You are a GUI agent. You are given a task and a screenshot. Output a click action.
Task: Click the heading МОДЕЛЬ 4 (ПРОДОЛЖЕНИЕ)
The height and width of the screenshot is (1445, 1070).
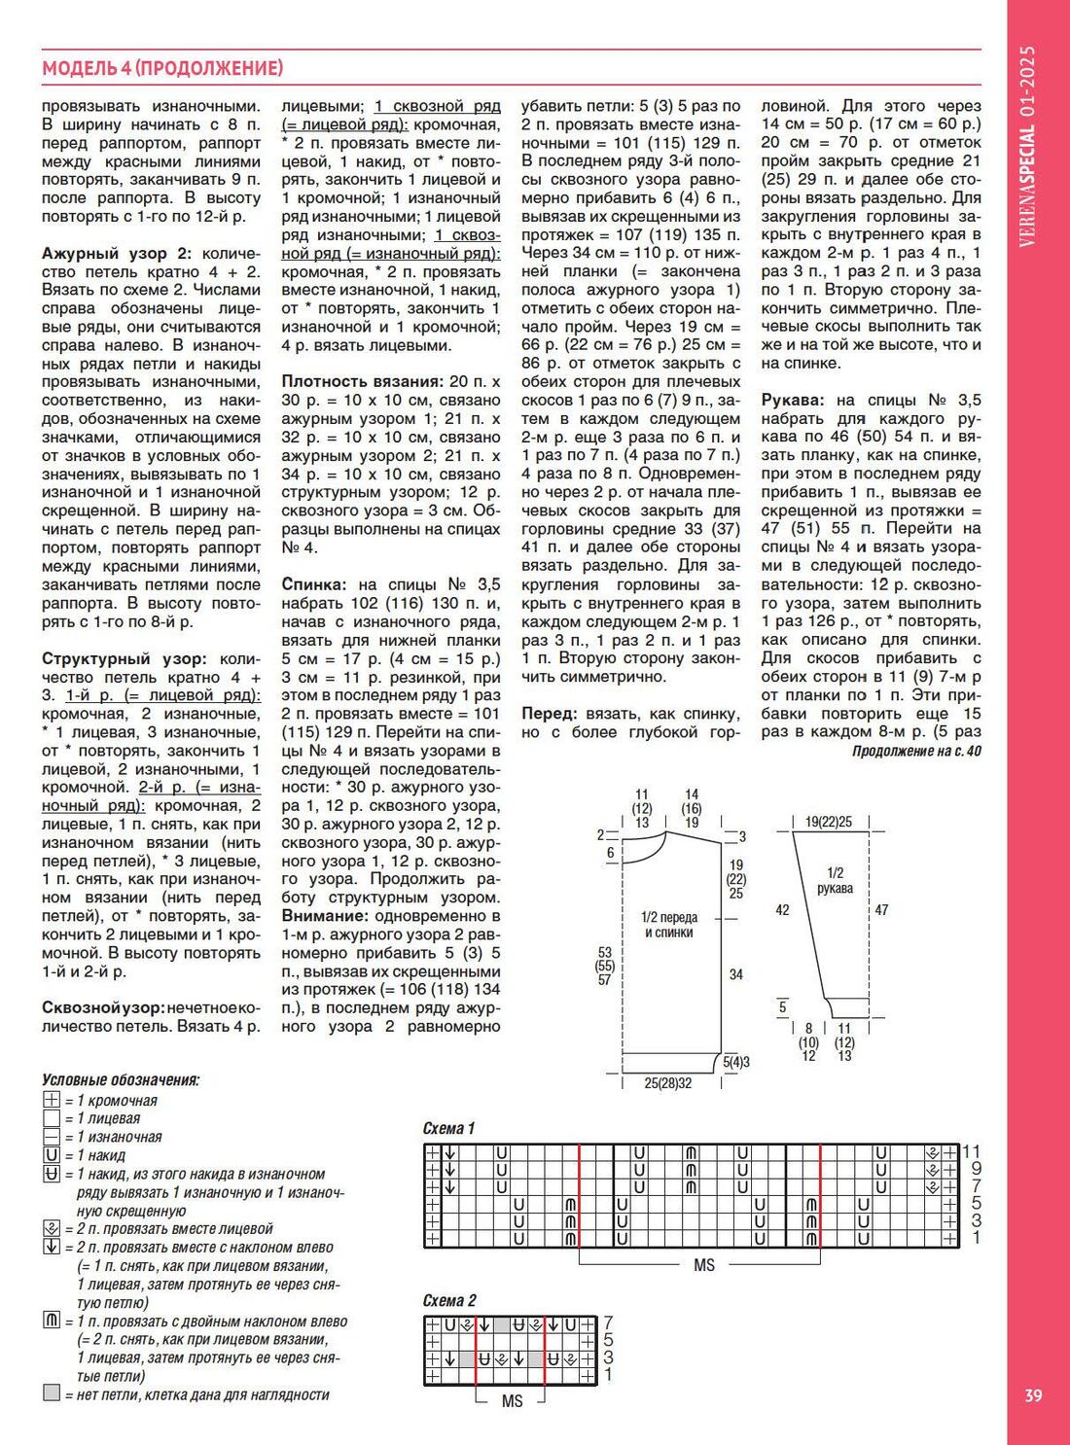coord(162,68)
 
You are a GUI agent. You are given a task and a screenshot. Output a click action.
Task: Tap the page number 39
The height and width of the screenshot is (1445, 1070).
coord(1033,1395)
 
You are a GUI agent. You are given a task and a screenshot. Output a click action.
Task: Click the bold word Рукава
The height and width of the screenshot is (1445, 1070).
coord(793,400)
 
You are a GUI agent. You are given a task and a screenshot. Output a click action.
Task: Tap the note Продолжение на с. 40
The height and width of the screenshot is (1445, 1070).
coord(916,752)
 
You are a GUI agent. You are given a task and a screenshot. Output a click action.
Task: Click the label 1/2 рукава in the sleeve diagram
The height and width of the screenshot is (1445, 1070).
coord(835,880)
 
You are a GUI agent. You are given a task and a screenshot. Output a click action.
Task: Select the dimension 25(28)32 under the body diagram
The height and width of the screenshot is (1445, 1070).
coord(668,1082)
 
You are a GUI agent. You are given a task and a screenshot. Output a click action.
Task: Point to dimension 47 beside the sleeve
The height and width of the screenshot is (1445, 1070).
coord(881,910)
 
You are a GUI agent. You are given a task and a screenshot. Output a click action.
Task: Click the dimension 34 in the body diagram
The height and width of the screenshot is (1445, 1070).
coord(735,973)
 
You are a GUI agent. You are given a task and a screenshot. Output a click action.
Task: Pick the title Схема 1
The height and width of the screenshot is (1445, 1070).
coord(448,1128)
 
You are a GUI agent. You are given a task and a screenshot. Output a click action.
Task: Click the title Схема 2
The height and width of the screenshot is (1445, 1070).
coord(449,1300)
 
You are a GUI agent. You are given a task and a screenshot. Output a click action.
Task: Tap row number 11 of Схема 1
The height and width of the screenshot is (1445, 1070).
coord(971,1151)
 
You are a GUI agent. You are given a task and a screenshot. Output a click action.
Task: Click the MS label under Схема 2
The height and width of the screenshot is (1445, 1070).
coord(512,1401)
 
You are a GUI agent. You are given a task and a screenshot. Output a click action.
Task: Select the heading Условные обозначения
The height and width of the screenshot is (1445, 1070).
coord(121,1079)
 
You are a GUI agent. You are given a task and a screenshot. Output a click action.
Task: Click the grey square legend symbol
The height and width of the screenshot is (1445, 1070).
coord(53,1393)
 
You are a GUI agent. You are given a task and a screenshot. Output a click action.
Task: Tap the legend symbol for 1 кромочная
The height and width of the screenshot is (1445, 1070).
coord(53,1100)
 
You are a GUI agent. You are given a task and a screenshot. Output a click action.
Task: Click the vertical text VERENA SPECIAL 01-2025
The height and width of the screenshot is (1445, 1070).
coord(1027,146)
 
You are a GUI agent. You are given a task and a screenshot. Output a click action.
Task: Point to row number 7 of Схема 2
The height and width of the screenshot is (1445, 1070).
coord(608,1322)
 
